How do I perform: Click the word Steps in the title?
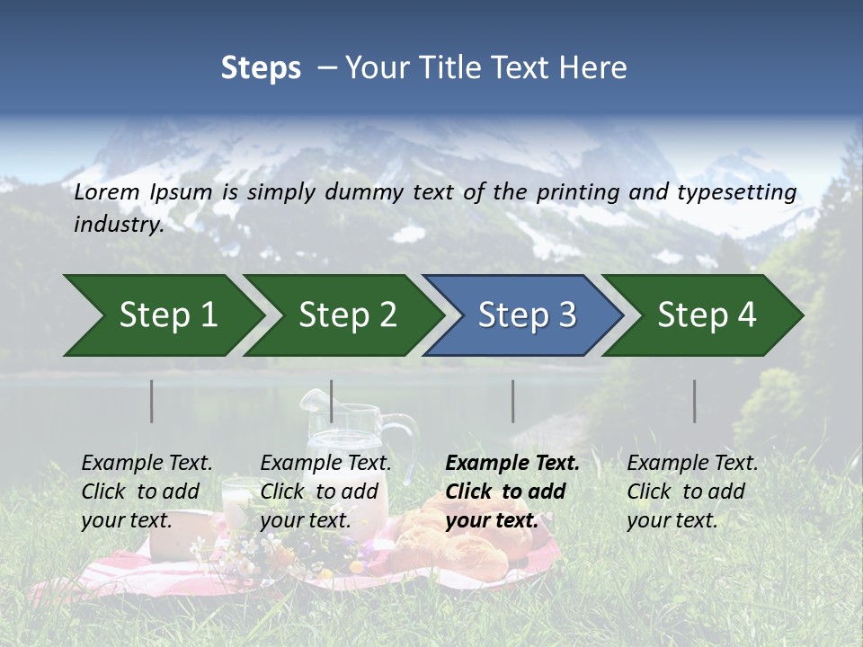[x=261, y=68]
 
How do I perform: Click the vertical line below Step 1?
[x=152, y=401]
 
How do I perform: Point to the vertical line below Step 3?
[x=512, y=401]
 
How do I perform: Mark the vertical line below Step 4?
[x=694, y=401]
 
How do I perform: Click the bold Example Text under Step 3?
[x=512, y=464]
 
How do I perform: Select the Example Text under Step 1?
[x=147, y=464]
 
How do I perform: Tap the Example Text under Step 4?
[x=692, y=464]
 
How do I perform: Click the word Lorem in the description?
[x=107, y=191]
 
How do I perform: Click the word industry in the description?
[x=119, y=225]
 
